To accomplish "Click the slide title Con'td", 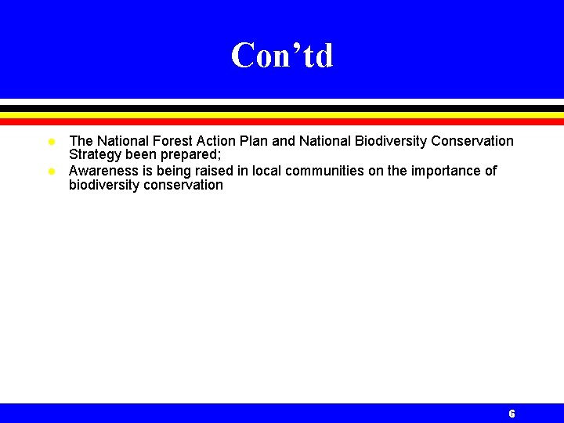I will click(282, 56).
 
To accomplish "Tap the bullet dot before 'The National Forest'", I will click(51, 142).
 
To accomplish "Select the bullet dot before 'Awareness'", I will click(51, 171).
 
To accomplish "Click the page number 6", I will click(512, 414).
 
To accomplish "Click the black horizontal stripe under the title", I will click(282, 108).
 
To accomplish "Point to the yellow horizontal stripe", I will click(282, 114).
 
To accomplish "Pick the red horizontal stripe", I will click(282, 121).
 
